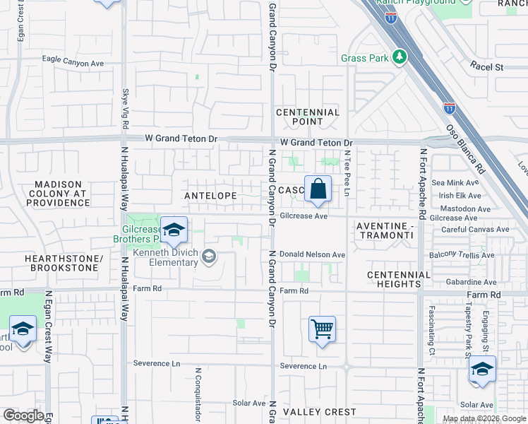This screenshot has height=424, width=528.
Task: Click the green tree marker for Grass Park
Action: (x=400, y=57)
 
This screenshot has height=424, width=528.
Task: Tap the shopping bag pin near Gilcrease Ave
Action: (x=318, y=189)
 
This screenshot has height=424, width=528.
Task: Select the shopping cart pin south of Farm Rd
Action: (x=322, y=329)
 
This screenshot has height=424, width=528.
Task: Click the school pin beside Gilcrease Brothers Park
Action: (x=174, y=230)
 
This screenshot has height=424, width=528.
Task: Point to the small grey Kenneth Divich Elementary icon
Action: (x=208, y=257)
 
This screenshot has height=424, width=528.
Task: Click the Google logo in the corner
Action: (x=23, y=415)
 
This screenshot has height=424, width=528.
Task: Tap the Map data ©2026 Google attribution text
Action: (x=484, y=418)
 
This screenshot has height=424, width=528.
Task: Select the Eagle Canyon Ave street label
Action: (x=73, y=63)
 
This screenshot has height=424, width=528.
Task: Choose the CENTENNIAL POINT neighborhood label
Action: (x=308, y=117)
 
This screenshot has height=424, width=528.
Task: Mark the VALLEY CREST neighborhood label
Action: (x=319, y=411)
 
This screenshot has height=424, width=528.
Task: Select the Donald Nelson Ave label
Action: (x=312, y=254)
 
